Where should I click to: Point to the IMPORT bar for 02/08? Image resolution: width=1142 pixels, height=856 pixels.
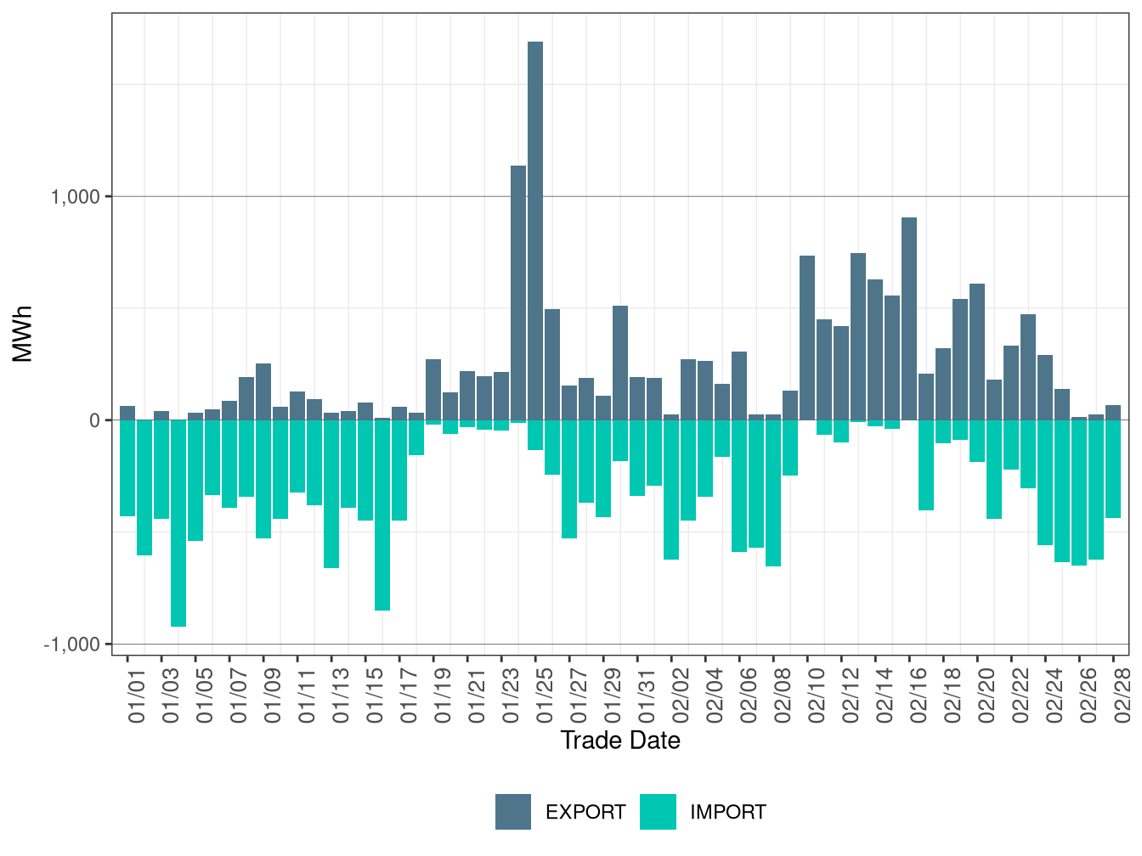tap(773, 493)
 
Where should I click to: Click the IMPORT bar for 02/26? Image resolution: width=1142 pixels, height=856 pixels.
tap(1079, 493)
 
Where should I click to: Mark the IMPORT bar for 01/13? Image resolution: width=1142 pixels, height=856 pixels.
tap(331, 493)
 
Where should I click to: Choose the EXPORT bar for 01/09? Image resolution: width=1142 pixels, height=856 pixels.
tap(263, 391)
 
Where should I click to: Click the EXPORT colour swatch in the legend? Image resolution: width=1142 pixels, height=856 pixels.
tap(513, 812)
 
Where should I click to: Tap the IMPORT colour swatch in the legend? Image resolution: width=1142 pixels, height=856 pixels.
tap(659, 812)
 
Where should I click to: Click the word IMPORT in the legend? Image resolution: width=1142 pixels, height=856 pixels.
tap(728, 813)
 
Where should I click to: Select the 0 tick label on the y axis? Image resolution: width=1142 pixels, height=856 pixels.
tap(95, 420)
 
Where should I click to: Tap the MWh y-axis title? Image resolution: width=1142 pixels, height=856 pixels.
tap(23, 334)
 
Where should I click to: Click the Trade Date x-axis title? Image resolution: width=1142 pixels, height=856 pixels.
tap(620, 741)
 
